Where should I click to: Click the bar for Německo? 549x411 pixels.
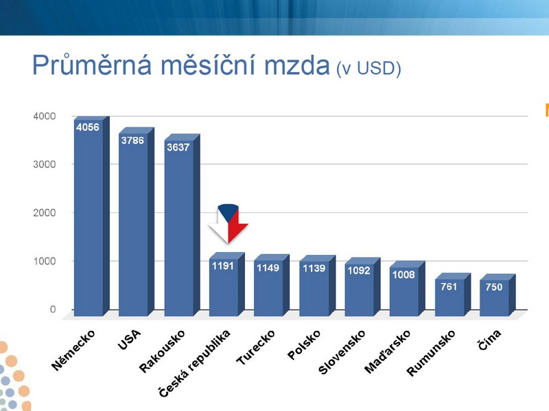click(x=92, y=216)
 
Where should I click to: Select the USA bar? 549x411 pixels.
click(x=137, y=222)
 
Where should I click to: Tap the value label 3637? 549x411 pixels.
click(x=178, y=147)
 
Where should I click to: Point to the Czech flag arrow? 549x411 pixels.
click(x=229, y=223)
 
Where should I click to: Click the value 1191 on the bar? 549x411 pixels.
click(x=222, y=266)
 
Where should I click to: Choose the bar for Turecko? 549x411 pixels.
click(x=272, y=285)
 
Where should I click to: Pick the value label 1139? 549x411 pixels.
click(x=314, y=268)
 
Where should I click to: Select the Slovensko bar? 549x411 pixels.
click(x=362, y=287)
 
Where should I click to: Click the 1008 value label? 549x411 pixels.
click(x=404, y=275)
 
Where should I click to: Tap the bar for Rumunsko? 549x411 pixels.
click(x=453, y=295)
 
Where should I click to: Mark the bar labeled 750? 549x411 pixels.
click(x=498, y=295)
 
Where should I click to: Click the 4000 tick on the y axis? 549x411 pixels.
click(x=44, y=116)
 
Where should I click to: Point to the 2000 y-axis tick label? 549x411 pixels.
click(x=44, y=212)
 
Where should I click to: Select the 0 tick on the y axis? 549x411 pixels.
click(x=53, y=310)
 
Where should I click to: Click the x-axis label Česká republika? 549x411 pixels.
click(x=194, y=364)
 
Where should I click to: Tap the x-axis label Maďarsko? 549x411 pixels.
click(x=387, y=351)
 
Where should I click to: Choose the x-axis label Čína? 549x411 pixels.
click(x=489, y=340)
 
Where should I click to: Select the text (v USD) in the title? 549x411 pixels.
click(x=369, y=68)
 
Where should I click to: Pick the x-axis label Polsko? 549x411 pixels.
click(x=303, y=345)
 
